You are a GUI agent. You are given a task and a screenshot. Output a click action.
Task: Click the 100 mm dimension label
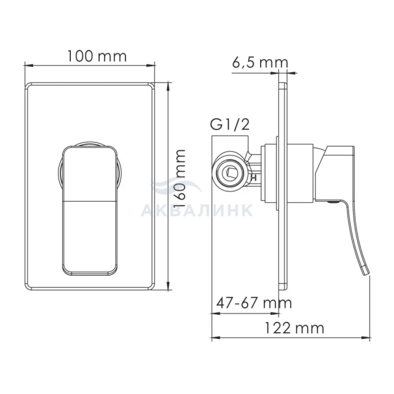click(x=97, y=56)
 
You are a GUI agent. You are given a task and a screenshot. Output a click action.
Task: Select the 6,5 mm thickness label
click(x=260, y=62)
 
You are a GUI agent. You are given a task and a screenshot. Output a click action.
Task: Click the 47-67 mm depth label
click(x=254, y=303)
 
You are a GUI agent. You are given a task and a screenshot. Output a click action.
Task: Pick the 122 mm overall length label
click(x=294, y=328)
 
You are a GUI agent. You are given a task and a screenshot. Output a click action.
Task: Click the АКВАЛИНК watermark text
click(x=197, y=210)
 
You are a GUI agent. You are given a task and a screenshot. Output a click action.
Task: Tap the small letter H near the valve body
click(x=254, y=178)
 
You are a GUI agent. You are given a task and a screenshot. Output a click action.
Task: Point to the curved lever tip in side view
click(x=366, y=272)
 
